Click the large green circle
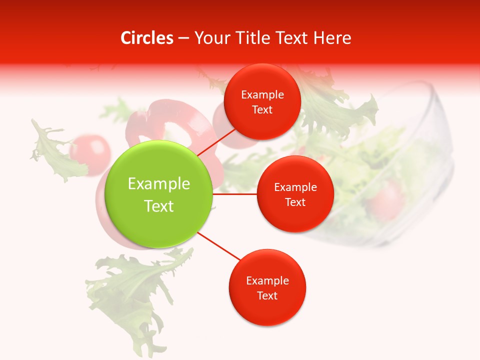point(159,194)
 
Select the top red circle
point(262,101)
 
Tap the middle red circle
point(295,194)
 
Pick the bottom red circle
point(267,287)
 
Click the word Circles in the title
point(147,38)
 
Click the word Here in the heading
point(332,38)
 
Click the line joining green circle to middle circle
point(234,194)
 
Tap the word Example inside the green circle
point(159,183)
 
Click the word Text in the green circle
point(159,206)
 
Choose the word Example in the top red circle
point(262,94)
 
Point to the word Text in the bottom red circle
point(267,295)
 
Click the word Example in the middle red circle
point(295,187)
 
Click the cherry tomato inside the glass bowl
point(386,197)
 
